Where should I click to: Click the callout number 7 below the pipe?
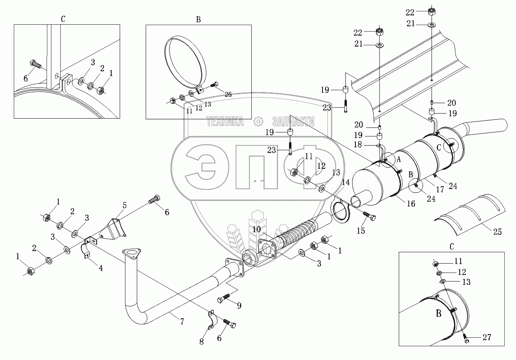click(182, 322)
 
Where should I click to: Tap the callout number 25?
click(497, 232)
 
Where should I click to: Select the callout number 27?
click(486, 337)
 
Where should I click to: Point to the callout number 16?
click(411, 204)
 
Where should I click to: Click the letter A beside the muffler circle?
click(399, 160)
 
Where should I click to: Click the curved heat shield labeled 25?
click(471, 213)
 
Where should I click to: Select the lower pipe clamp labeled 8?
click(211, 319)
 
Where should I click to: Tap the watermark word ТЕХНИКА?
click(225, 121)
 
